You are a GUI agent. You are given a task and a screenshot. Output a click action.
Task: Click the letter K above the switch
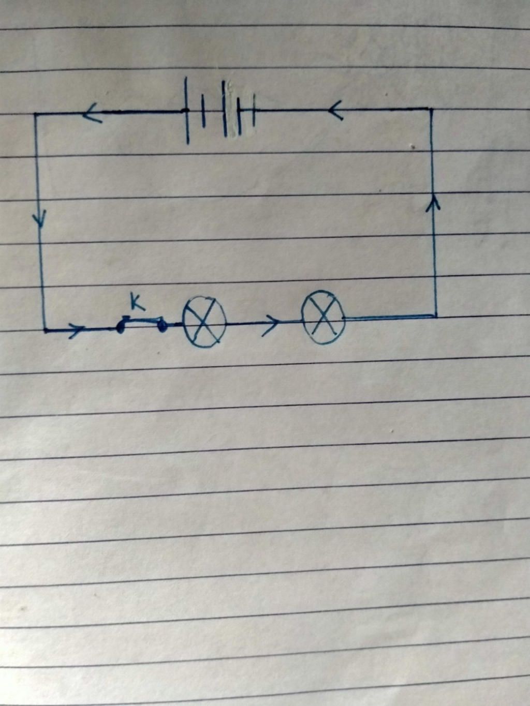(137, 303)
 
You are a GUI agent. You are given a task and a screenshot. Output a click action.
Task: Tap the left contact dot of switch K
(120, 328)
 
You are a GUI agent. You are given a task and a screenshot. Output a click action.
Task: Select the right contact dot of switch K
(162, 326)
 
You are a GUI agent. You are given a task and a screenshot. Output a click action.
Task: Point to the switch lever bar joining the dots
(141, 319)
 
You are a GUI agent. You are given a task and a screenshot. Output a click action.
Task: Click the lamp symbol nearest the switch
(204, 322)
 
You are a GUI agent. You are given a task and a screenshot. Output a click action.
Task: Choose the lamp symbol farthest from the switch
(323, 317)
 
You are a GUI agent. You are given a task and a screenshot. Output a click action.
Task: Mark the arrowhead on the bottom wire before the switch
(77, 329)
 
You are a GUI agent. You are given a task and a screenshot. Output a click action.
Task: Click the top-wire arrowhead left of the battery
(92, 113)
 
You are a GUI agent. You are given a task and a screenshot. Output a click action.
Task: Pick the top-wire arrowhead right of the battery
(335, 110)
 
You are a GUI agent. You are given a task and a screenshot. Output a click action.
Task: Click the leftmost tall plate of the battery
(187, 110)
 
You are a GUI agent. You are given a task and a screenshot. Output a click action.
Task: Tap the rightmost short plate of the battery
(254, 110)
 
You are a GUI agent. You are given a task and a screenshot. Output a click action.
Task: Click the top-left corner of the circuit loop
(35, 114)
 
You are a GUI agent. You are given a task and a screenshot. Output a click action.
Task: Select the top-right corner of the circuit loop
(431, 109)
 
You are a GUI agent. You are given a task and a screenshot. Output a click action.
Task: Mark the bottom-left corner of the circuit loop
(45, 329)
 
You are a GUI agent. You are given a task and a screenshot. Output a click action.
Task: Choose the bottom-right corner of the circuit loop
(436, 317)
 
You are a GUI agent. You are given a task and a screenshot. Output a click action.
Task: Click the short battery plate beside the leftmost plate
(203, 111)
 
